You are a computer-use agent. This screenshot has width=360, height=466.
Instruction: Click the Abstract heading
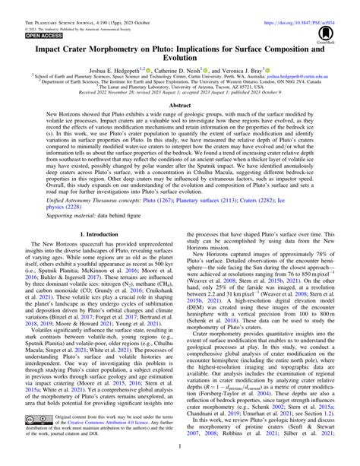pyautogui.click(x=179, y=107)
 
